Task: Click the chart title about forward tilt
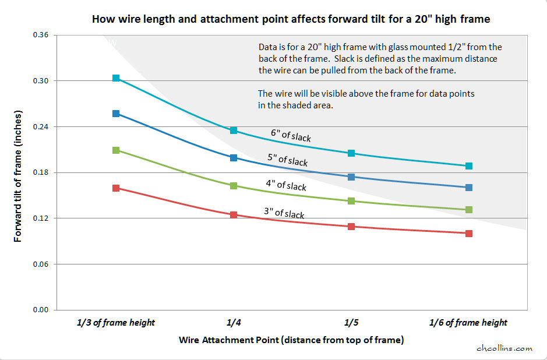point(291,19)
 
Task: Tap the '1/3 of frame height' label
point(116,323)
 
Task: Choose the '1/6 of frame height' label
point(468,323)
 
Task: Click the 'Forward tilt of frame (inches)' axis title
point(19,172)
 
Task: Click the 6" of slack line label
point(291,135)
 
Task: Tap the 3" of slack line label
point(284,213)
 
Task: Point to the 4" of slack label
point(286,185)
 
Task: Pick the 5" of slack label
point(287,160)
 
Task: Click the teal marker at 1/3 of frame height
point(116,78)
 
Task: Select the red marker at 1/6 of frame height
point(469,234)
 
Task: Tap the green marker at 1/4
point(234,186)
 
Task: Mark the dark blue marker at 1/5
point(351,177)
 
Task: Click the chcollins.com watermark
point(504,348)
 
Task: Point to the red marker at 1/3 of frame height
point(116,188)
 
